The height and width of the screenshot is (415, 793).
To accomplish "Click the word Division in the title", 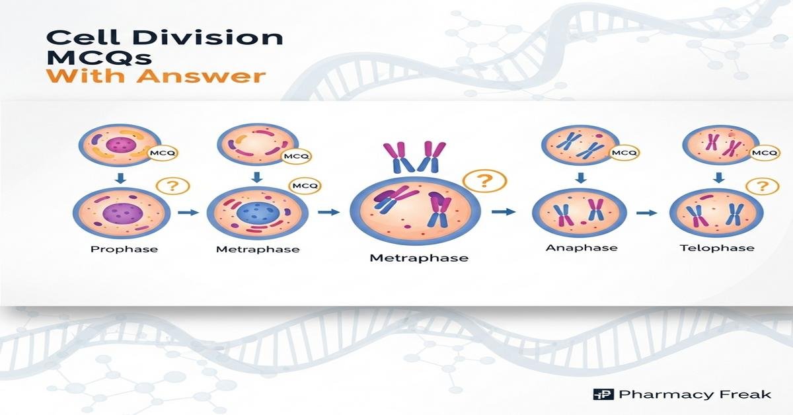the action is pos(209,38).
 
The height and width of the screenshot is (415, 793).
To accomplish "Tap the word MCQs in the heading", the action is pos(98,57).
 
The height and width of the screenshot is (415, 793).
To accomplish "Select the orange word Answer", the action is pos(201,76).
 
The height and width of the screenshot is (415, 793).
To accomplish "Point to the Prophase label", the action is pos(124,249).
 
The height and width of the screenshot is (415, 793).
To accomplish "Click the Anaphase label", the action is pos(582,248).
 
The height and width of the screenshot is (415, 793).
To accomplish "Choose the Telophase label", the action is pos(717,248).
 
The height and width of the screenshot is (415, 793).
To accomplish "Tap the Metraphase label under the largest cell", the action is pos(419,258).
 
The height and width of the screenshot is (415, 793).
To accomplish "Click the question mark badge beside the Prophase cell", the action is pos(172,186).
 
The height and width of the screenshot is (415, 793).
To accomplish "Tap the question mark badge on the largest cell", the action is pos(484,181).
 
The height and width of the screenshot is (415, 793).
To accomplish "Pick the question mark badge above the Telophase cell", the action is pos(762,186).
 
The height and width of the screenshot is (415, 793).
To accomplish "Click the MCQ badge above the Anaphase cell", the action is pos(624,153).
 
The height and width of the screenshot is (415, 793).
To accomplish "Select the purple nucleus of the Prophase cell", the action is pos(123,213).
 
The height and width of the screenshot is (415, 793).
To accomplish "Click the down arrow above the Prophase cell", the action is pos(121,178).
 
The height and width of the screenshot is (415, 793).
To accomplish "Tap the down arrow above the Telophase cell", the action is pos(718,177).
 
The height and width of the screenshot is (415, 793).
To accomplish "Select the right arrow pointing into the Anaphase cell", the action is pos(504,211).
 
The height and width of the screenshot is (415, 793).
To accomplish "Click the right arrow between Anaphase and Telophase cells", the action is pos(646,213).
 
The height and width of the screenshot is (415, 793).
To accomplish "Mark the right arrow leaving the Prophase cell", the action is pos(188,213).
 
